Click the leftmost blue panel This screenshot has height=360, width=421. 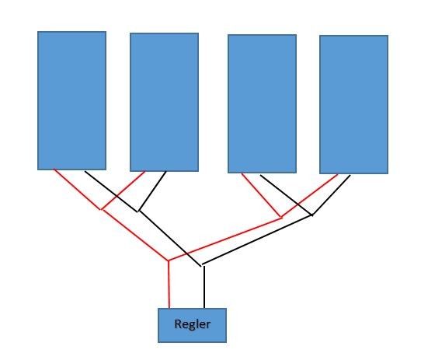click(x=71, y=100)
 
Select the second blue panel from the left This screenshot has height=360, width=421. click(x=165, y=102)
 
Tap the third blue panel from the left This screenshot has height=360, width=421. click(x=262, y=103)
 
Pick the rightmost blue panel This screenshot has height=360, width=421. click(x=354, y=104)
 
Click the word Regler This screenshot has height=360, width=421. click(x=192, y=324)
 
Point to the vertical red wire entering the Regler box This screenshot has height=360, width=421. click(x=169, y=285)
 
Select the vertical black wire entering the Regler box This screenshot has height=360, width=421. click(x=204, y=287)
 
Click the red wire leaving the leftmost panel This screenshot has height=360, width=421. click(x=77, y=189)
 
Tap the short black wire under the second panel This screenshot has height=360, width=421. click(x=152, y=191)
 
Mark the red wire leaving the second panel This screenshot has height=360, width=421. click(x=124, y=190)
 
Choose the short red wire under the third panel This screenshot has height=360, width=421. click(x=261, y=195)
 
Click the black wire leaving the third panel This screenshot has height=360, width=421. click(x=286, y=195)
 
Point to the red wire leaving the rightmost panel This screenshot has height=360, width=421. click(x=309, y=195)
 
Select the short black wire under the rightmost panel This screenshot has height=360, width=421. click(x=331, y=195)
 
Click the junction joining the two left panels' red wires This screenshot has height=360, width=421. click(x=102, y=209)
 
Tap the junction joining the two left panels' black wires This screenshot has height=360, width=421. click(x=139, y=211)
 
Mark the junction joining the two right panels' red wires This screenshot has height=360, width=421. click(x=281, y=217)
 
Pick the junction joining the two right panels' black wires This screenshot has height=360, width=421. click(x=312, y=215)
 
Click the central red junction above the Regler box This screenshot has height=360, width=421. click(x=169, y=260)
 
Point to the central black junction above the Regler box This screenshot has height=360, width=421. click(x=202, y=265)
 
